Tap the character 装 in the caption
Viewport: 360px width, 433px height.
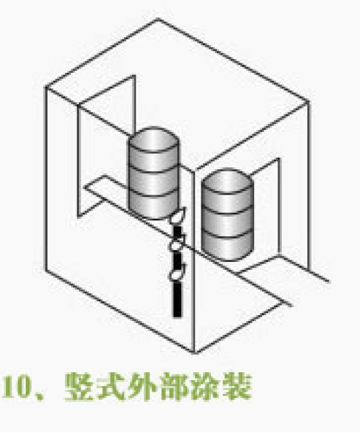[237, 386]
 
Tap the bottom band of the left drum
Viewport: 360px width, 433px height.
[154, 205]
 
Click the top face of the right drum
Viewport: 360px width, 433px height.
[227, 180]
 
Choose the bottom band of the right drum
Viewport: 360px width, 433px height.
[227, 246]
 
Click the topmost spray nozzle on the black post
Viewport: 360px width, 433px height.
[177, 216]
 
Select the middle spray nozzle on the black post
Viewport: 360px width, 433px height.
[177, 245]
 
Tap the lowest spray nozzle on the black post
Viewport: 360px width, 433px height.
[177, 273]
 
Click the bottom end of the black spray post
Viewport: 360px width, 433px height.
[177, 317]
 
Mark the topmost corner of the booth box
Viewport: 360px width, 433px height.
[158, 19]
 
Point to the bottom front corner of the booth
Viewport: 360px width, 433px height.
[194, 352]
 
